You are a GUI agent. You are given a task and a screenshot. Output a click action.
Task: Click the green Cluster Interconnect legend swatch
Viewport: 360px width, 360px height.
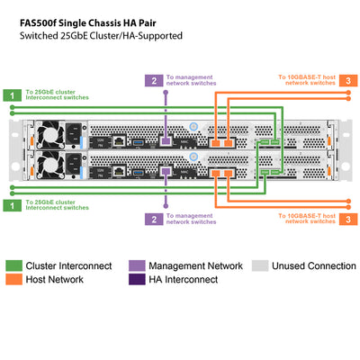point(14,265)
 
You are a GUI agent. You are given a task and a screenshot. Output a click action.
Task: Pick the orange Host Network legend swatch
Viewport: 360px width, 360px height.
point(14,280)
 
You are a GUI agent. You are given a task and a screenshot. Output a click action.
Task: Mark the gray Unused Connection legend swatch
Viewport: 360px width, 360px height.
point(259,265)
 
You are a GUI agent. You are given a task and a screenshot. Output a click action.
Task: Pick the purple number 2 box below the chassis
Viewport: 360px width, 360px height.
point(154,218)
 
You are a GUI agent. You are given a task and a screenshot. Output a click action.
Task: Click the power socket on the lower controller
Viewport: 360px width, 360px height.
point(70,167)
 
